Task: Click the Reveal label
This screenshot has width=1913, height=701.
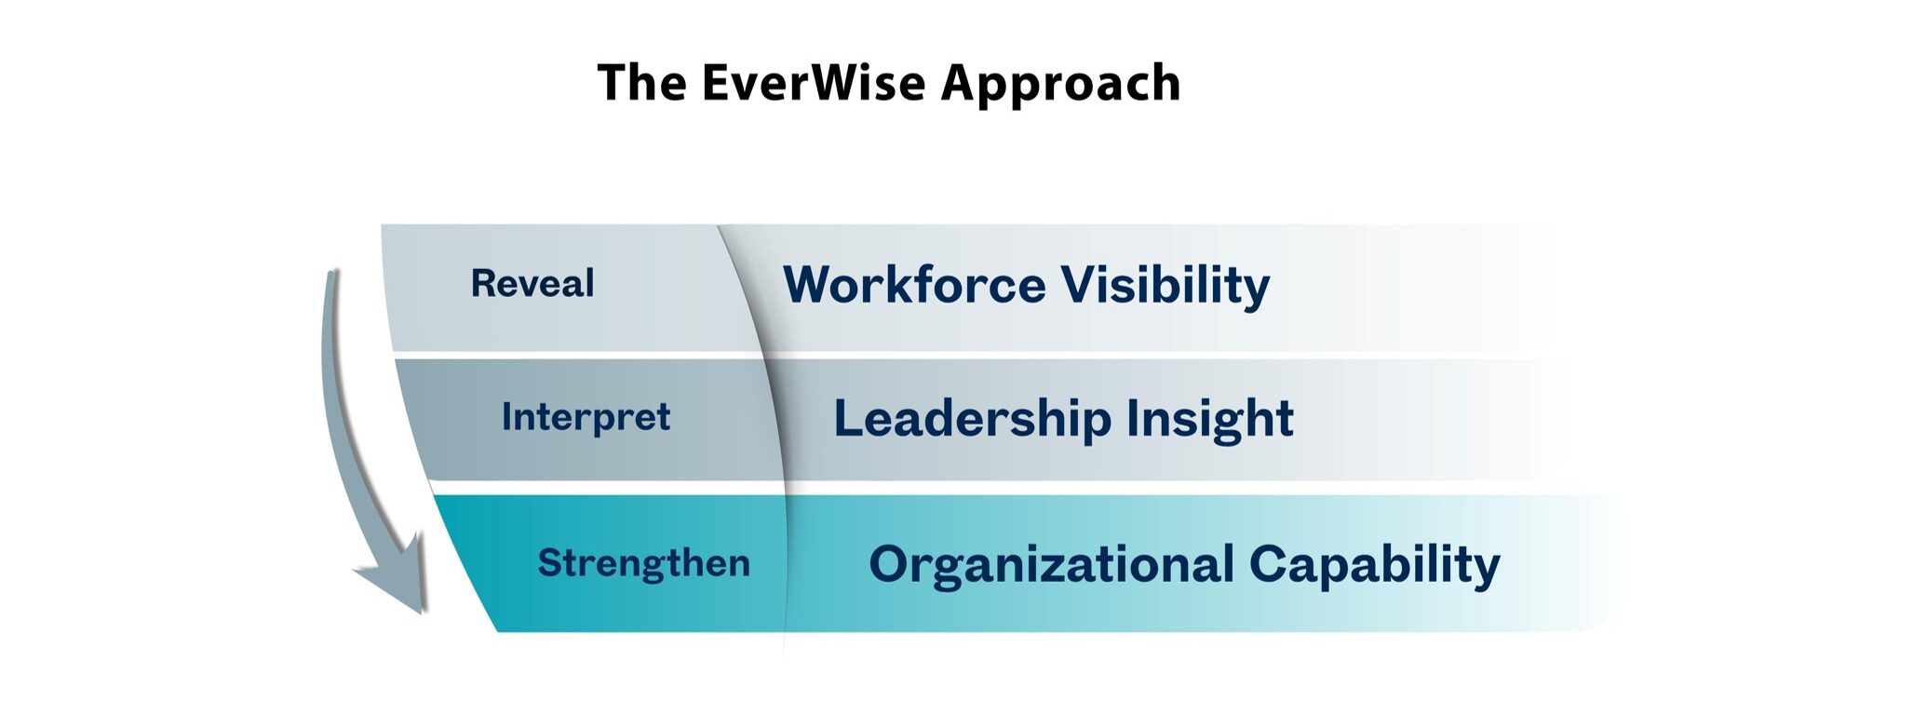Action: pos(532,283)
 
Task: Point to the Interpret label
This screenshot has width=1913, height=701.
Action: pos(586,418)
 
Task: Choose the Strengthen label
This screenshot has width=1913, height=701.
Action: pos(643,563)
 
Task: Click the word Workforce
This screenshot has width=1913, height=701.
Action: pos(914,284)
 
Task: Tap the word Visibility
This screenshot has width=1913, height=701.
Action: pos(1165,286)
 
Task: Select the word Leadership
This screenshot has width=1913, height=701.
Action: pos(972,418)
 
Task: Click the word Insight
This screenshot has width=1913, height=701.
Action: pos(1210,419)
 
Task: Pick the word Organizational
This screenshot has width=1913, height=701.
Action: pos(1051,565)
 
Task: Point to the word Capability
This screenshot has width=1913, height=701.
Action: pos(1375,566)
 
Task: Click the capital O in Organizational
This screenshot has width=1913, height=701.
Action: pos(890,564)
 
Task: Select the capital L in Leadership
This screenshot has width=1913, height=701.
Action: pos(848,417)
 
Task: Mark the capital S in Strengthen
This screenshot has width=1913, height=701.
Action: pos(550,563)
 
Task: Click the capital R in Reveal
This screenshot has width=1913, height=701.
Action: pos(484,283)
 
